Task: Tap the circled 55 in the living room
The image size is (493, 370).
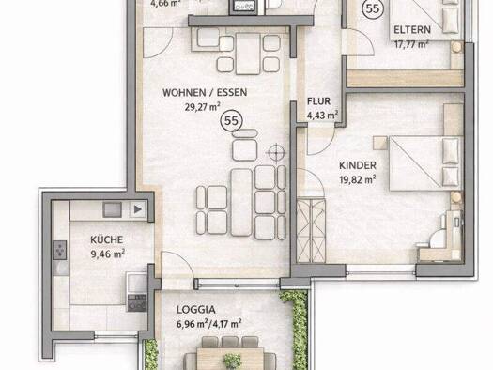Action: pyautogui.click(x=229, y=120)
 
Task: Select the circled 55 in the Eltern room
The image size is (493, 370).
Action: pyautogui.click(x=373, y=8)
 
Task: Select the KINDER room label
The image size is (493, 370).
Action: pyautogui.click(x=358, y=163)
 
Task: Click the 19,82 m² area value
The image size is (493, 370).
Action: pyautogui.click(x=358, y=177)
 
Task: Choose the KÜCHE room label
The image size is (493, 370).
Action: pyautogui.click(x=108, y=239)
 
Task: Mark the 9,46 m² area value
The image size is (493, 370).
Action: pyautogui.click(x=108, y=253)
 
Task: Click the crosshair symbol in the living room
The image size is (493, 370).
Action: pyautogui.click(x=275, y=151)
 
